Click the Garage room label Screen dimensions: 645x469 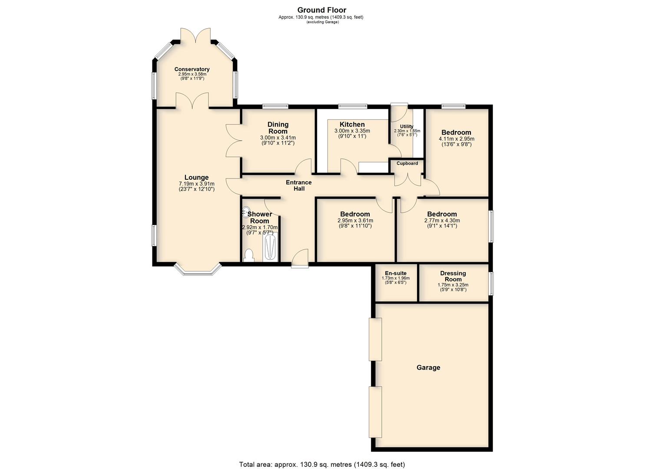(x=428, y=368)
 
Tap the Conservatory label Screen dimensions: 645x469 (x=192, y=69)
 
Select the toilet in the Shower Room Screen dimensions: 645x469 (x=248, y=255)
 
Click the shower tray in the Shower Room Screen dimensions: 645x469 (x=270, y=248)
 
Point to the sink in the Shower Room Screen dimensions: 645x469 (x=245, y=212)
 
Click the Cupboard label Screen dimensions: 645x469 (x=407, y=163)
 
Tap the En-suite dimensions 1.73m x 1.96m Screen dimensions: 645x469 (x=396, y=278)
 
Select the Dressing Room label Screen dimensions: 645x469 (x=453, y=276)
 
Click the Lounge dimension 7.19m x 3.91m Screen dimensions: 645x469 (x=197, y=184)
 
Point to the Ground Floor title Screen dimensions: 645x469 (x=322, y=10)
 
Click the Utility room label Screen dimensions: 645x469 (x=407, y=126)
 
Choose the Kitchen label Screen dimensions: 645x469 (x=352, y=124)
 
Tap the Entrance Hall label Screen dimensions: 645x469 (x=299, y=185)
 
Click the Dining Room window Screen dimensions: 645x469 (x=275, y=106)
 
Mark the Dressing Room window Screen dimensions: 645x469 (x=491, y=284)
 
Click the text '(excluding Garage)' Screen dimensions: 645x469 (x=322, y=22)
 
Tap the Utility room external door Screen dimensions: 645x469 (x=399, y=112)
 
